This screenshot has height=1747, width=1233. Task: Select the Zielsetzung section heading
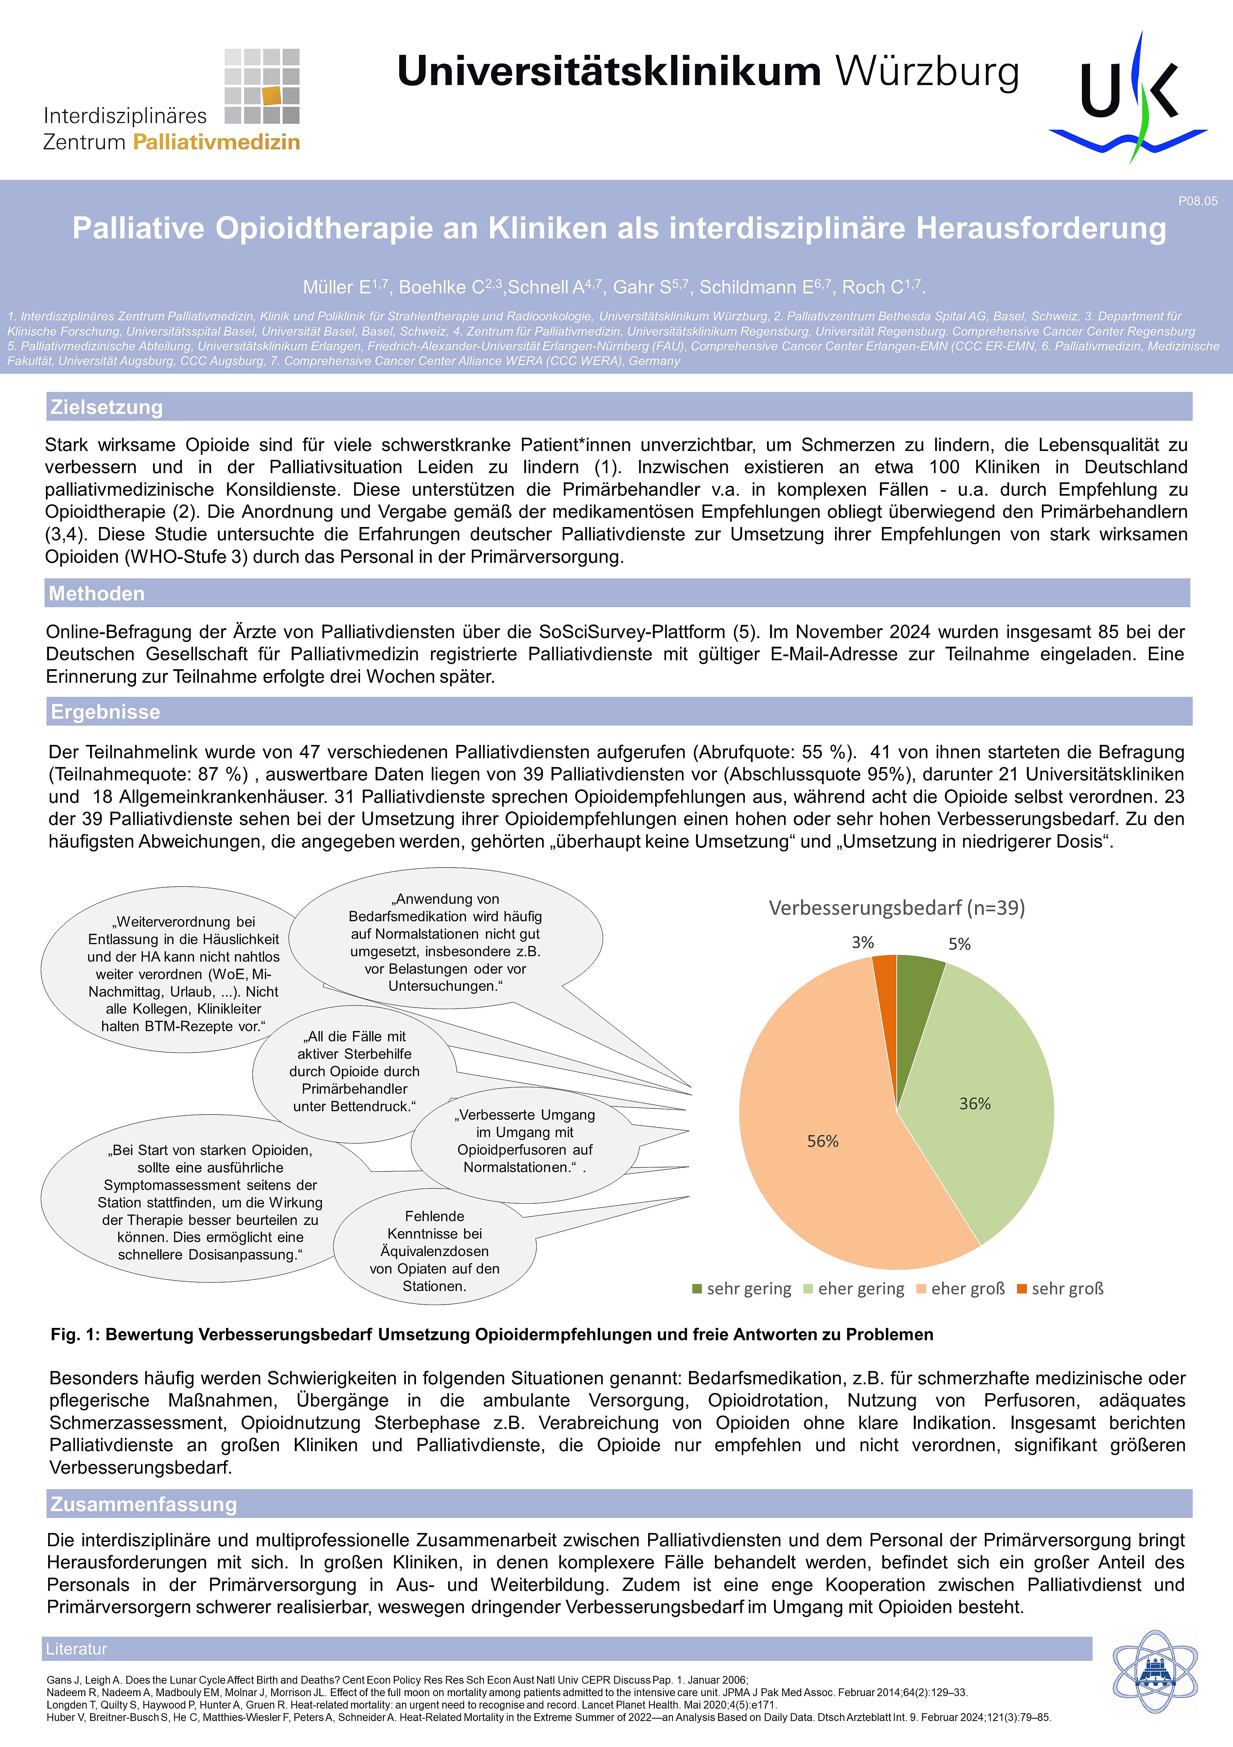point(106,407)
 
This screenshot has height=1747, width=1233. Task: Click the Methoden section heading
point(97,593)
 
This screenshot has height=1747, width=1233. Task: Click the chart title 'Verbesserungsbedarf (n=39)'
point(897,908)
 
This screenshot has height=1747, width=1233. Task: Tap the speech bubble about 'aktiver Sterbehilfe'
point(355,1071)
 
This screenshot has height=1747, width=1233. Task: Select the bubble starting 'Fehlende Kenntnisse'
point(434,1251)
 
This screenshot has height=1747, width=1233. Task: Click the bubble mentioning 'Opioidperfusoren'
point(525,1141)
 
